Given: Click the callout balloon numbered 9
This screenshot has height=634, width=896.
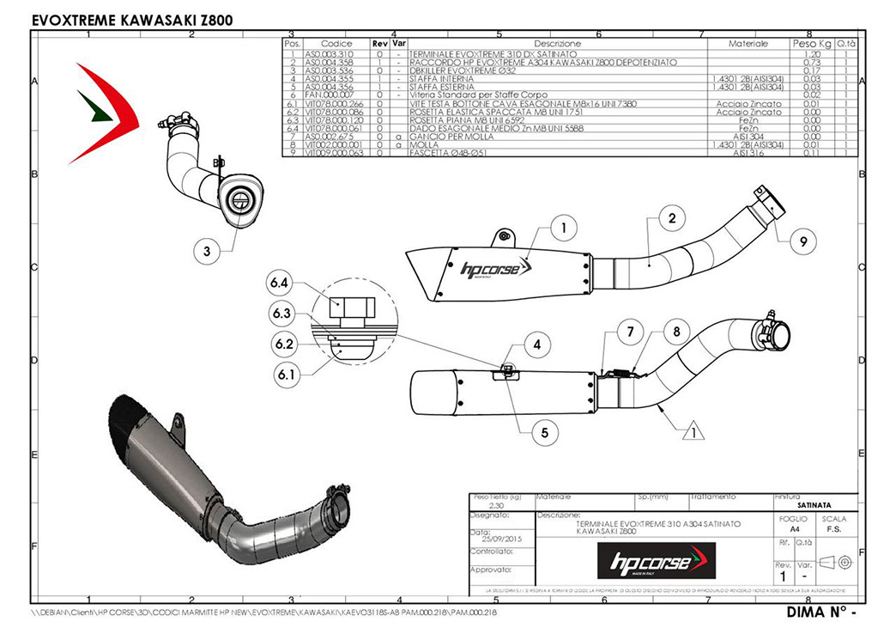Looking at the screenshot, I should tap(802, 243).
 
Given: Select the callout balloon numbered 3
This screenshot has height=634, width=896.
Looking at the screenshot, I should tap(207, 252).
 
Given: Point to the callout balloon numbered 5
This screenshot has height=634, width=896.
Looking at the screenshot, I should tap(544, 434).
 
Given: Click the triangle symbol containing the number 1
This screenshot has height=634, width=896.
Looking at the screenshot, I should tap(688, 432).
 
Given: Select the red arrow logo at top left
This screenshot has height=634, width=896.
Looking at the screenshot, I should tap(107, 111).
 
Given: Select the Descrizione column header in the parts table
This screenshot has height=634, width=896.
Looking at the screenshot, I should tap(557, 43).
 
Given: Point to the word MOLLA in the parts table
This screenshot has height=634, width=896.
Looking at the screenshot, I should tap(426, 146).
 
